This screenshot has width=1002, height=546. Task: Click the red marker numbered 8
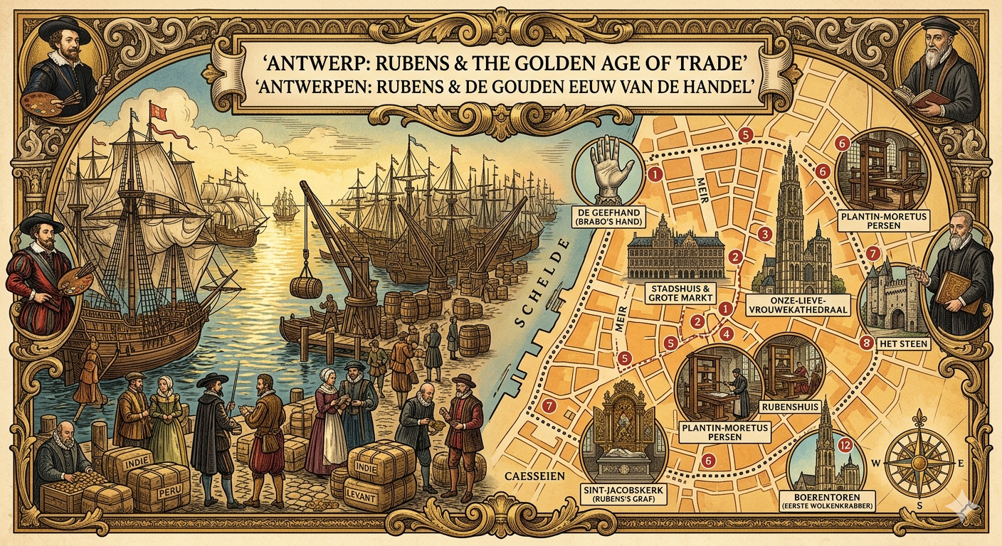tap(865, 343)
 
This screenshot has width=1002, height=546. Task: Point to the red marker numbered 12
tap(845, 446)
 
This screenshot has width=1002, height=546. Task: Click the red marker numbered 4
tap(726, 333)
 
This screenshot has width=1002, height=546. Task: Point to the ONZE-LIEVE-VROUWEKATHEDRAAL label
tap(789, 306)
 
